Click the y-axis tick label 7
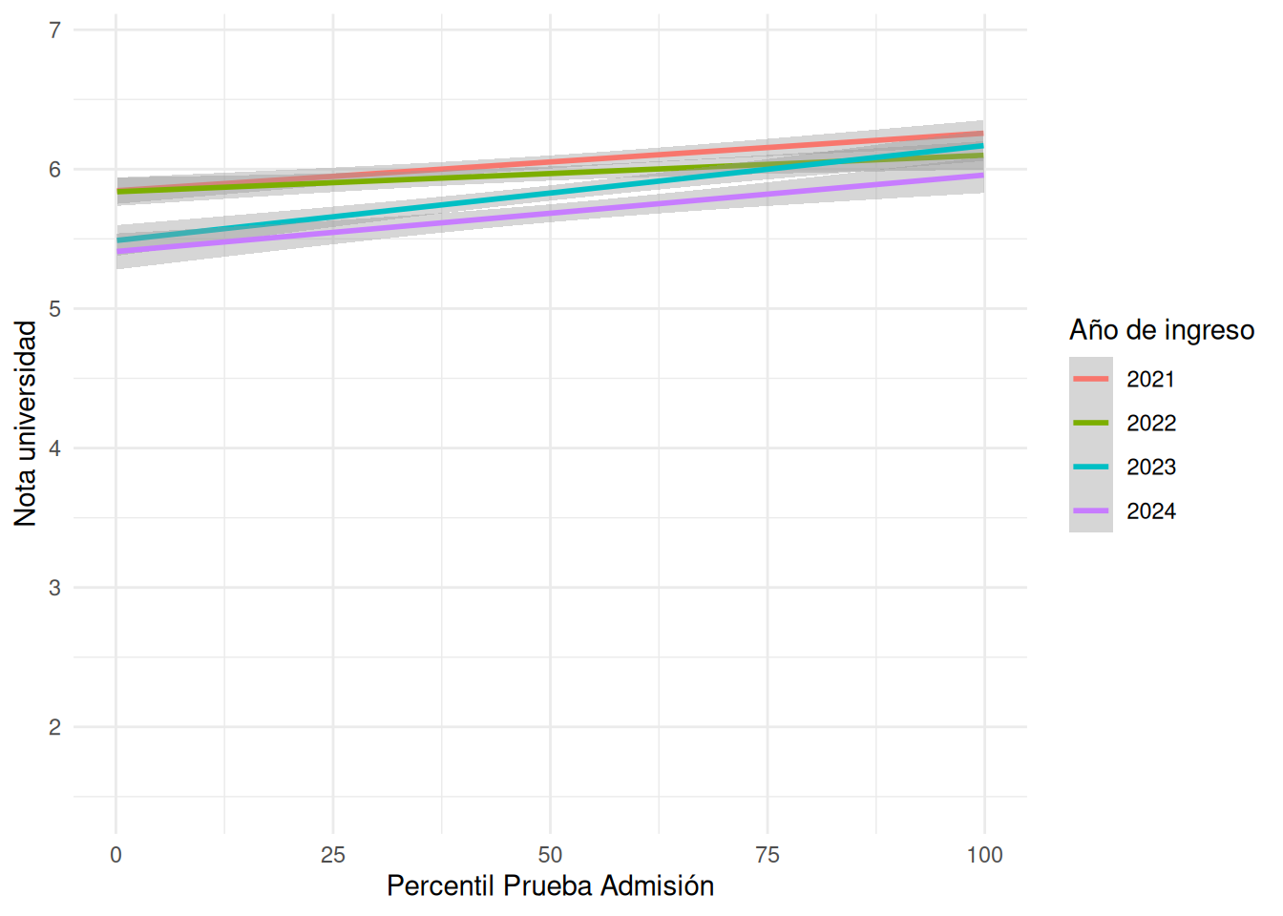[54, 31]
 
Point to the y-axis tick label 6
[54, 170]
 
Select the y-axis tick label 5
[54, 309]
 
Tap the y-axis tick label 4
[54, 448]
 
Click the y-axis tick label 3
[54, 588]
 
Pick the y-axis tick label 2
[54, 727]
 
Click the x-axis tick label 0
[116, 855]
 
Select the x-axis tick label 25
[333, 855]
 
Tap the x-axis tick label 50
[550, 855]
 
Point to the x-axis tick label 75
[768, 855]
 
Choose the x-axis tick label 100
[984, 855]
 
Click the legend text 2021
[1150, 380]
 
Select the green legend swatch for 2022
[1090, 423]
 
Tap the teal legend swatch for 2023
[1090, 467]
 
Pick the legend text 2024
[1150, 511]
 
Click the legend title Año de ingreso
[1161, 330]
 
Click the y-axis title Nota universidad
[26, 423]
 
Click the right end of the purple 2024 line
[982, 176]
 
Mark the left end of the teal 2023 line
[118, 240]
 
